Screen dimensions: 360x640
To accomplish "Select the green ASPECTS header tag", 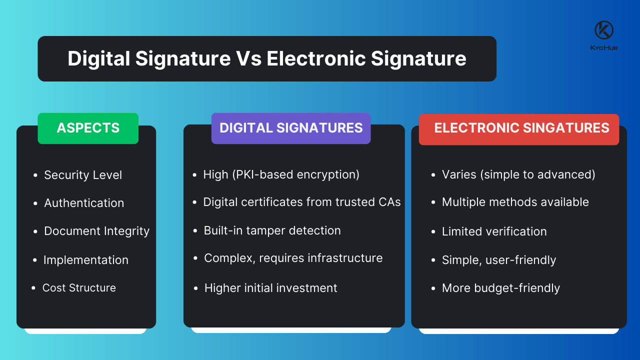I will tap(88, 128).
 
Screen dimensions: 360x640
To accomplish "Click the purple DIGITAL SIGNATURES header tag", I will tap(291, 128).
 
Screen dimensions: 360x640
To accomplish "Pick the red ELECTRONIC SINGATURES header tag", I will tap(519, 128).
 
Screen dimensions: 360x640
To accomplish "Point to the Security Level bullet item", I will tap(83, 175).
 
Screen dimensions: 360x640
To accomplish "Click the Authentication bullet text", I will tap(84, 203).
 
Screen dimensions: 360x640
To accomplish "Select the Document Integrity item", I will tap(96, 231).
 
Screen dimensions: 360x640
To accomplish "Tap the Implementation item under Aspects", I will tap(86, 260).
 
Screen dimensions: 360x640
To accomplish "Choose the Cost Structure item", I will tap(79, 288).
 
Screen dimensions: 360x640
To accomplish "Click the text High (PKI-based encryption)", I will tap(281, 174).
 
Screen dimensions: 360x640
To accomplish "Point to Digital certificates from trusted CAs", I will tap(302, 202).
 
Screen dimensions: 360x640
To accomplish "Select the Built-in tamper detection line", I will tap(272, 230).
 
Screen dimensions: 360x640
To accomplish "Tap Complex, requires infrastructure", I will tap(293, 258).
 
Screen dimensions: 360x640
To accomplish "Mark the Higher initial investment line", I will tap(271, 288).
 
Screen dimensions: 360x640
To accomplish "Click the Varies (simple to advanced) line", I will tap(518, 174).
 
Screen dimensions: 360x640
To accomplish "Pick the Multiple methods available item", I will tap(515, 202).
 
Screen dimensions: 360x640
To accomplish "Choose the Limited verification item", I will tap(494, 231).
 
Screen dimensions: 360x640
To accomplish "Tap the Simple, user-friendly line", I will tap(499, 260).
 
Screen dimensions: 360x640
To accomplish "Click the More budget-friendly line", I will tap(501, 288).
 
